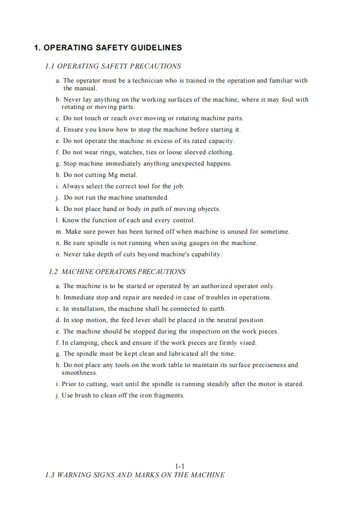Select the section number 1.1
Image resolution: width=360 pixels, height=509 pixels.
coord(50,66)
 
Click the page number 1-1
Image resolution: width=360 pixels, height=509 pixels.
coord(180,466)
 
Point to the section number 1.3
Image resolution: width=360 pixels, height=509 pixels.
coord(50,475)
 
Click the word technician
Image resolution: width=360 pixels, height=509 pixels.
coord(148,81)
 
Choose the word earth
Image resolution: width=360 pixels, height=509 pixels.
coord(217,308)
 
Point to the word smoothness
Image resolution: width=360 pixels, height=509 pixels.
coord(79,373)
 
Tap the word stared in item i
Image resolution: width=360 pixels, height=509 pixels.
coord(294,384)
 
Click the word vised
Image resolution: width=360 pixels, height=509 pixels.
coord(247,343)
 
